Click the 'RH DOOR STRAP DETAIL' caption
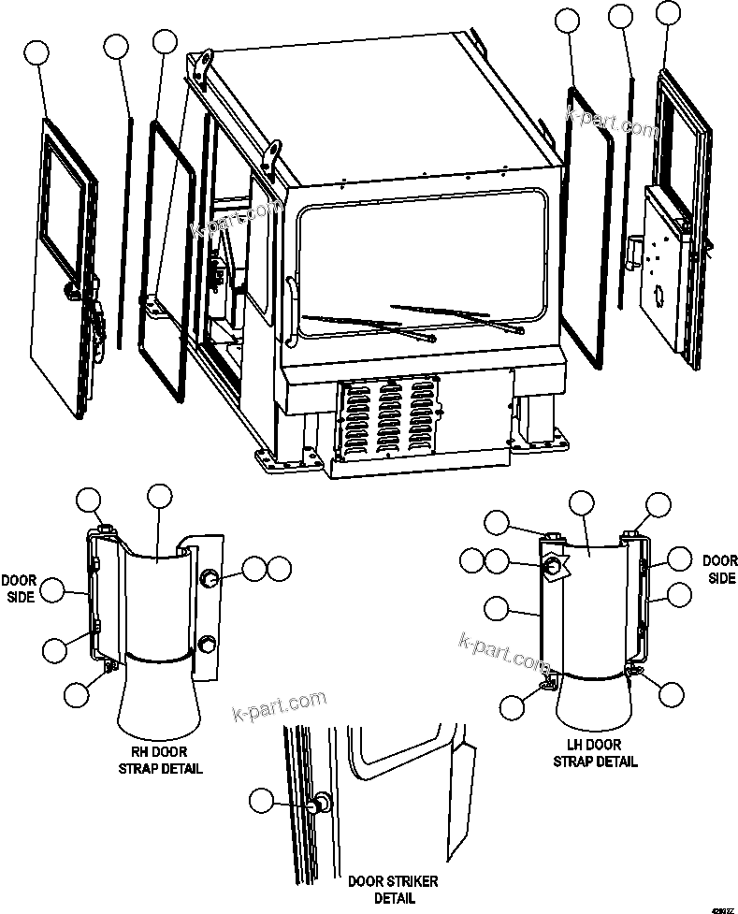[x=160, y=759]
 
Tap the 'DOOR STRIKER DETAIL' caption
[x=393, y=889]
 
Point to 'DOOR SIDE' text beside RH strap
[x=19, y=588]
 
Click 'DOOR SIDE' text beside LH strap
[x=719, y=569]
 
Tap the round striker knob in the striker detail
[x=323, y=803]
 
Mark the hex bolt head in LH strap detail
[x=554, y=566]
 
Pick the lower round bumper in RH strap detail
[x=208, y=644]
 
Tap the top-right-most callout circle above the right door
[x=668, y=12]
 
